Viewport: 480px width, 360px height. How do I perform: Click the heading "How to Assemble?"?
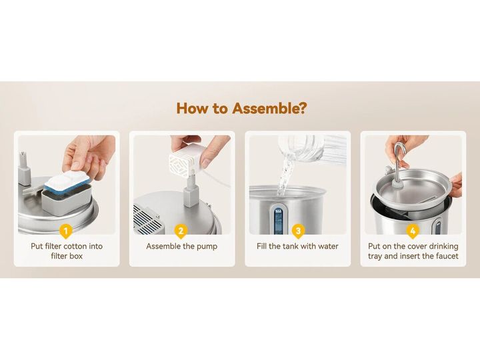[x=241, y=109]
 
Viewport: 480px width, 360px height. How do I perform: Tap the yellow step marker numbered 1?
[x=66, y=231]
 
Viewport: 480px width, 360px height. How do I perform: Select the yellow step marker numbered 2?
[x=181, y=231]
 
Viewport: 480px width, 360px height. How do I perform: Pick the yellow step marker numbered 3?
[x=298, y=231]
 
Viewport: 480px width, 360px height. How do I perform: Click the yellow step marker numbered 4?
[x=413, y=231]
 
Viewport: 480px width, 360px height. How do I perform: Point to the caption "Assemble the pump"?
[x=181, y=247]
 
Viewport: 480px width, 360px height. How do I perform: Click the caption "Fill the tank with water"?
[x=297, y=247]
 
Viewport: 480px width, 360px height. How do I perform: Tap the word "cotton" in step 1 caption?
[x=76, y=247]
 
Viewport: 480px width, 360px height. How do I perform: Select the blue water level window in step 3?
[x=278, y=221]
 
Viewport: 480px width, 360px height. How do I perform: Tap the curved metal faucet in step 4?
[x=399, y=164]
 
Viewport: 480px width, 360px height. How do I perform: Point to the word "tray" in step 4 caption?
[x=375, y=256]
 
